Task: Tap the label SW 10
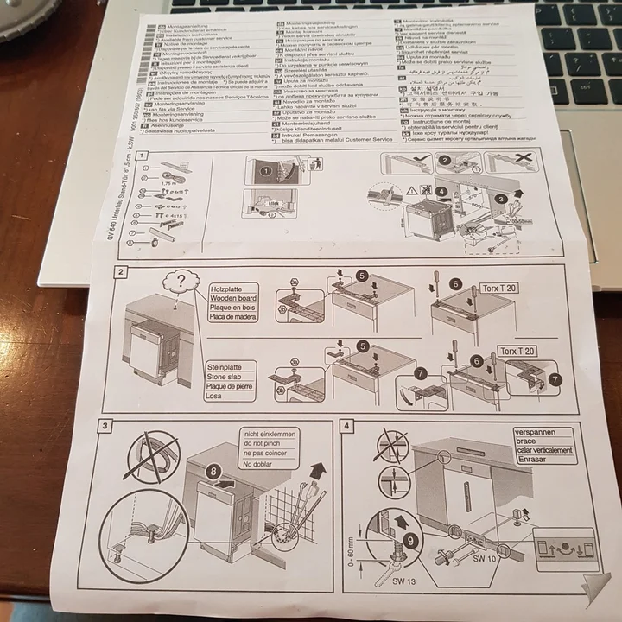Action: (x=484, y=560)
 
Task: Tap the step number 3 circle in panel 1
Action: (x=499, y=198)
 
